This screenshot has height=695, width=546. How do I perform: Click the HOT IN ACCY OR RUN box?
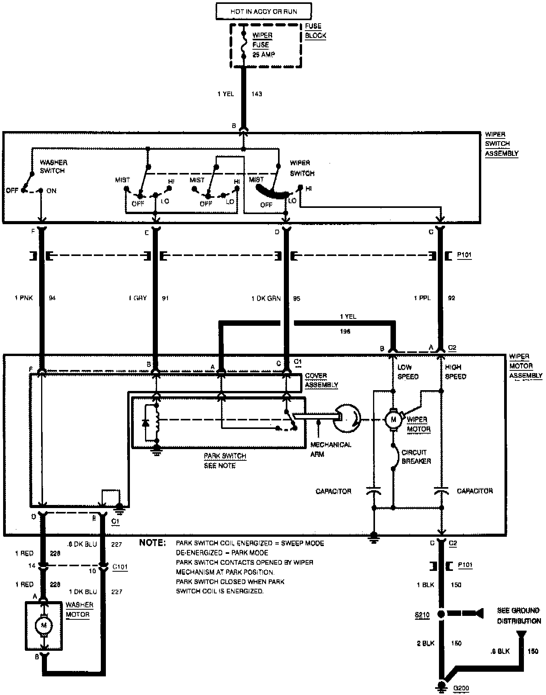point(263,12)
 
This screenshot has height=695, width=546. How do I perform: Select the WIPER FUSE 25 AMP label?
point(263,45)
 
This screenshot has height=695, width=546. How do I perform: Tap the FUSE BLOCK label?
point(315,31)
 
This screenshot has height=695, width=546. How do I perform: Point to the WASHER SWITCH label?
point(53,167)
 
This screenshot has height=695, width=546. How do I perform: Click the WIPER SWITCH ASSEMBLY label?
point(501,144)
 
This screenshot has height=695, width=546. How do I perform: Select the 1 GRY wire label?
point(138,298)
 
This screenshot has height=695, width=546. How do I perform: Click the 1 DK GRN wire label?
point(266,298)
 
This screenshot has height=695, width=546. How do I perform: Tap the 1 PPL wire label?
point(422,298)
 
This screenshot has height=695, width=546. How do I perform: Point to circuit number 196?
point(345,332)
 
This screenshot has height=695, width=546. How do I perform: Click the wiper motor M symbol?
point(393,419)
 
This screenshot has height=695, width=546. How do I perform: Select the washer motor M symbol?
point(43,625)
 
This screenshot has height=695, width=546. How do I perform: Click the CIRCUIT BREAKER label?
point(416,456)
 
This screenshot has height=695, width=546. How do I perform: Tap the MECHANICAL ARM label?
point(330,449)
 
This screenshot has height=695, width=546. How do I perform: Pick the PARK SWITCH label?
point(225,456)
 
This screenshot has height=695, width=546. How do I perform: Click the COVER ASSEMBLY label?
point(321,380)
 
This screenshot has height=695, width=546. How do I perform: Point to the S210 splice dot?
point(441,614)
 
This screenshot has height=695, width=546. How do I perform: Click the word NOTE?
point(152,543)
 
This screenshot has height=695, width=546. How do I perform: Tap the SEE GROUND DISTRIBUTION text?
point(518,616)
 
